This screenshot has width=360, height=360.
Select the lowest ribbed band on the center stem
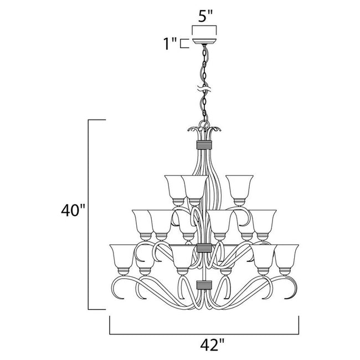[x=204, y=287]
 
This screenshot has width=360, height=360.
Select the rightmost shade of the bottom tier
[x=287, y=255]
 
